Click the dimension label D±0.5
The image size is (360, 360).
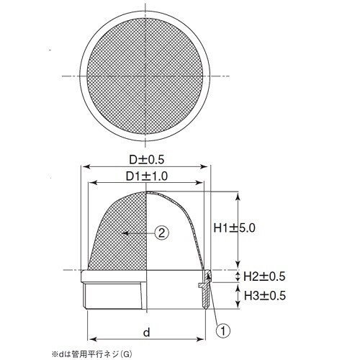147,158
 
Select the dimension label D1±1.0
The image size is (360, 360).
147,176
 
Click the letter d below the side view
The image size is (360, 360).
146,332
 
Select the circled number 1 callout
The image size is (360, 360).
223,330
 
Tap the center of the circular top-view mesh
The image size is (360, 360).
147,76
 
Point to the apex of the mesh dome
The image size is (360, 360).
148,192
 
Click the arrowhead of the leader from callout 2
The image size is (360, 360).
123,233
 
